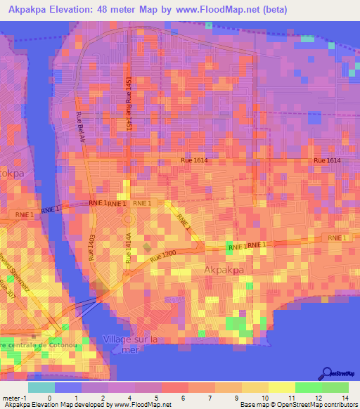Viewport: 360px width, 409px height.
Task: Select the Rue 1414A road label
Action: tap(129, 249)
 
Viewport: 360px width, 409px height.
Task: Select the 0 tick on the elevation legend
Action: tap(49, 397)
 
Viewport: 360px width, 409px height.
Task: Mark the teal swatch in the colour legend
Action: tap(41, 387)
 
